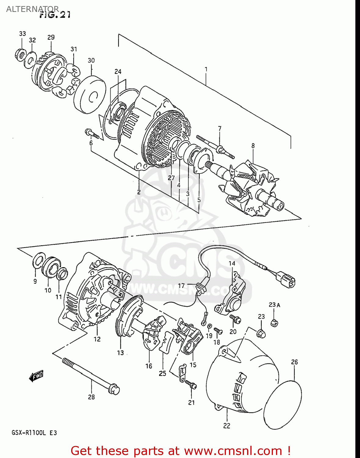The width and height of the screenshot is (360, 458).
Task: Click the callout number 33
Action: pyautogui.click(x=22, y=34)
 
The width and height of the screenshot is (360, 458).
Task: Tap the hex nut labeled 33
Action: pyautogui.click(x=20, y=55)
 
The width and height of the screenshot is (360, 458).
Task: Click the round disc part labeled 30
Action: pyautogui.click(x=89, y=95)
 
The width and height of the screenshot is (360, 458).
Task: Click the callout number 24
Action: pyautogui.click(x=118, y=71)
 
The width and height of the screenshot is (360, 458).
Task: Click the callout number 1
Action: pyautogui.click(x=206, y=69)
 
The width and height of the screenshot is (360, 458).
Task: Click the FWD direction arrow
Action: pyautogui.click(x=36, y=376)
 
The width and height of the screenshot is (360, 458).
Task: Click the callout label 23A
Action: pyautogui.click(x=274, y=305)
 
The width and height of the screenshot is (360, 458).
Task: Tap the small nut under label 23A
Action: pyautogui.click(x=274, y=323)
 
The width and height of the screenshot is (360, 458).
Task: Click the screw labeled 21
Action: pyautogui.click(x=191, y=385)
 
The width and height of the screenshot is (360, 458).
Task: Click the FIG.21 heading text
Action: pyautogui.click(x=55, y=15)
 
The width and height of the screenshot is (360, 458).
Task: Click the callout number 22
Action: pyautogui.click(x=227, y=426)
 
